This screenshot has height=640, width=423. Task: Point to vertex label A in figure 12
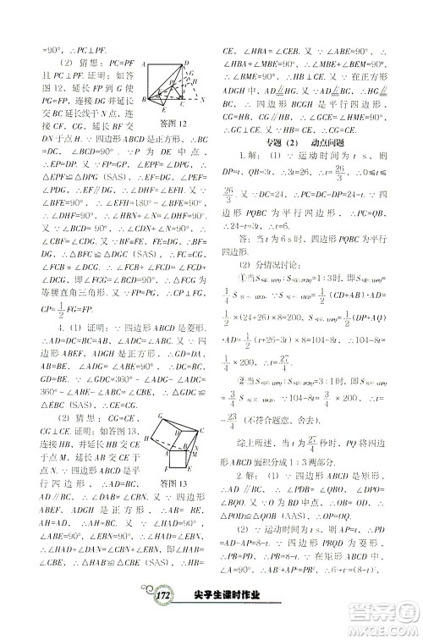click(145, 63)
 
